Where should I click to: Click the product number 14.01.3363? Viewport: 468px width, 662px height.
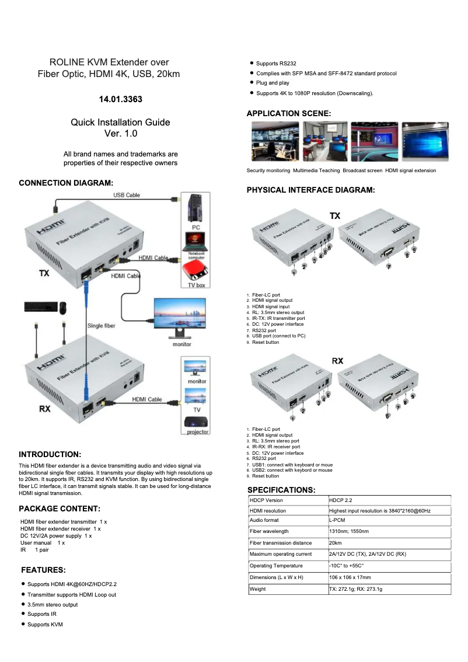(120, 99)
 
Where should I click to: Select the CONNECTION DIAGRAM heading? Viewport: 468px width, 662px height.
(66, 183)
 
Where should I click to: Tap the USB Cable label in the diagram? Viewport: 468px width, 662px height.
(126, 195)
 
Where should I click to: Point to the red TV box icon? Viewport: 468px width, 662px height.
(195, 271)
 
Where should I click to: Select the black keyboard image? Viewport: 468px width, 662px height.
(41, 306)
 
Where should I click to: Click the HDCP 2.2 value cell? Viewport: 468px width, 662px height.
(341, 500)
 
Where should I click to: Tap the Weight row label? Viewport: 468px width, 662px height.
(257, 589)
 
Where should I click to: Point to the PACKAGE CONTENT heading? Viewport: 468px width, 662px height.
(60, 509)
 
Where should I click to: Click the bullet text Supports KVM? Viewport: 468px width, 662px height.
(45, 625)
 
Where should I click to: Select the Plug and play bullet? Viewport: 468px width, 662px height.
(273, 83)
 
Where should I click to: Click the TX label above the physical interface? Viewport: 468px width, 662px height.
(335, 216)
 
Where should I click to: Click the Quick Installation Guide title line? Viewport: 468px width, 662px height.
(120, 123)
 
